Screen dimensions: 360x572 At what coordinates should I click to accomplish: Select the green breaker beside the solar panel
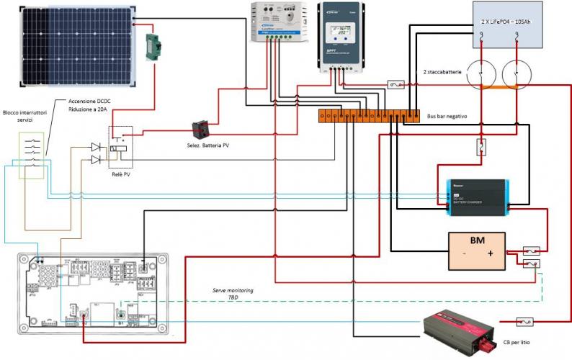pos(153,46)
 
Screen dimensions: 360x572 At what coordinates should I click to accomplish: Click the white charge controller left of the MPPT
pos(273,22)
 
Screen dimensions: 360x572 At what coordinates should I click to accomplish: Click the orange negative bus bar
pos(368,114)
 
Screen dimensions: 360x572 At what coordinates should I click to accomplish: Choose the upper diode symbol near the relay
pos(96,147)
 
